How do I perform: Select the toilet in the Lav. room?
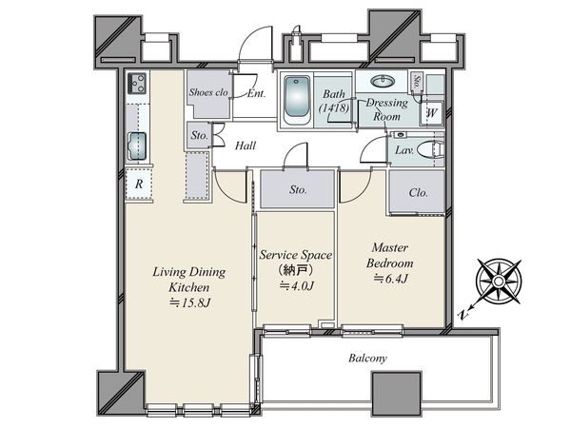[x=431, y=149]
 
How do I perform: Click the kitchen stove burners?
[x=137, y=84]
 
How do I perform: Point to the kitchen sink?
[x=137, y=146]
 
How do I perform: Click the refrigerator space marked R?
[x=139, y=184]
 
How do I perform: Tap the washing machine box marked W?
[x=431, y=113]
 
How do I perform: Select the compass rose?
[x=498, y=281]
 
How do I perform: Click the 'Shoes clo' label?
[x=208, y=92]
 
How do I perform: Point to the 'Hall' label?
[x=246, y=146]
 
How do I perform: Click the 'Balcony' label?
[x=367, y=359]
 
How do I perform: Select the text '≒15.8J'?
[x=190, y=302]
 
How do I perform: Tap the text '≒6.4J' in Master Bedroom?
[x=390, y=279]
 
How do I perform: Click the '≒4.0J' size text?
[x=296, y=286]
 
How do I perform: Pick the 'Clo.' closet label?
[x=418, y=192]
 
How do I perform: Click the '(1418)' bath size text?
[x=334, y=108]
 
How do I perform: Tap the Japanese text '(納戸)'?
[x=296, y=270]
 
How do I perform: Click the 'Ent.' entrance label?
[x=256, y=93]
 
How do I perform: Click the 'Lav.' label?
[x=404, y=150]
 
